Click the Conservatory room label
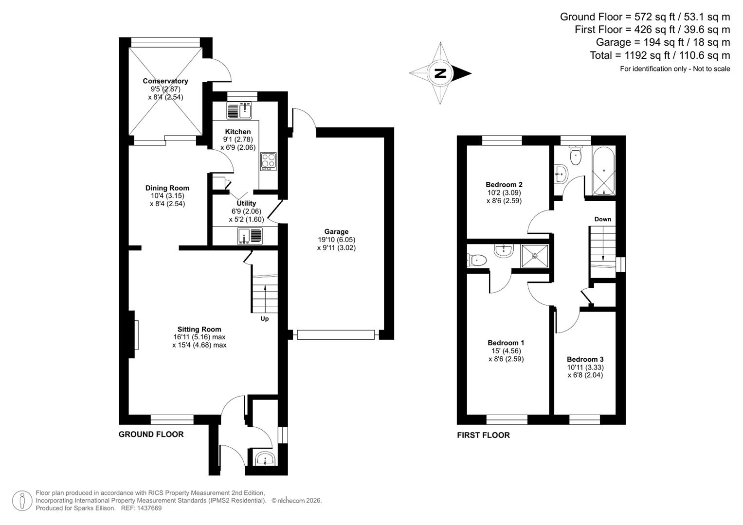coord(165,81)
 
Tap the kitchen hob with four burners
coord(268,161)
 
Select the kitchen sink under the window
coord(239,110)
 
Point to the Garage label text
coord(336,232)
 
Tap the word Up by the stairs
coord(265,319)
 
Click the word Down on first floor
coord(602,219)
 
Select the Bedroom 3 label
coord(585,359)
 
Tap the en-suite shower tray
coord(535,256)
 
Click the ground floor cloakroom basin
coord(265,458)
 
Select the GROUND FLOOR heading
coord(151,435)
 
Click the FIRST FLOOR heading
coord(483,435)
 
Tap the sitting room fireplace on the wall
coord(134,334)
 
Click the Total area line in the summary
coord(659,55)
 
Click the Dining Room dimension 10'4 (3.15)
coord(167,196)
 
